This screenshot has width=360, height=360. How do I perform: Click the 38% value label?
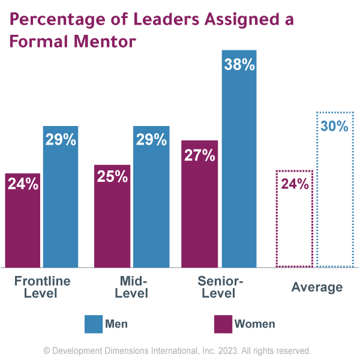point(239,65)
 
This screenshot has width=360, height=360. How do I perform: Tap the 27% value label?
point(199,155)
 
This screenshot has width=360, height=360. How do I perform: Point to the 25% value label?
point(112,177)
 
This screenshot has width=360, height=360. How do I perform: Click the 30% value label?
point(334,126)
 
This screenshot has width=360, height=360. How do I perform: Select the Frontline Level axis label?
point(42,287)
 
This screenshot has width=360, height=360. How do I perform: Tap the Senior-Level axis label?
point(219,287)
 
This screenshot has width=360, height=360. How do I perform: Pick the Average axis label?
point(317,287)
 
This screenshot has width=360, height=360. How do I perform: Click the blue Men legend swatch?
point(94,324)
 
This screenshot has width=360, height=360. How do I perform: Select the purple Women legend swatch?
point(223,324)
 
